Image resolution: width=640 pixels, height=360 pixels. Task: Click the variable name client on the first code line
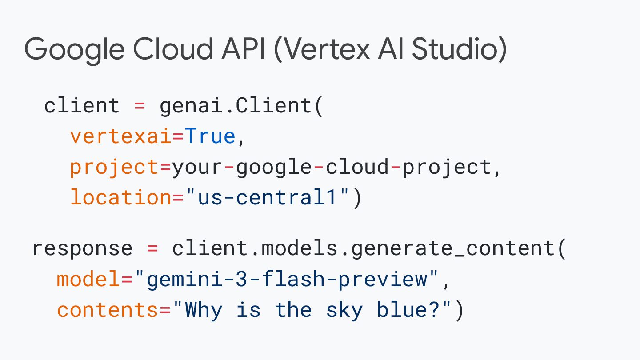82,106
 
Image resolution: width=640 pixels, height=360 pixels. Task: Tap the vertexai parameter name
120,136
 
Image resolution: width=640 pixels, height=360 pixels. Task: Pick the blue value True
210,136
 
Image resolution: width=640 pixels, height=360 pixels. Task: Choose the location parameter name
120,197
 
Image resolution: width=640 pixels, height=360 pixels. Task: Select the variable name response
82,248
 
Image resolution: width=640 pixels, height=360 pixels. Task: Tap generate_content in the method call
454,248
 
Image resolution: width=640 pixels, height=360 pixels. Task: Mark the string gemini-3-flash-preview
287,279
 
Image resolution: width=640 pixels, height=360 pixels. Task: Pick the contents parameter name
108,310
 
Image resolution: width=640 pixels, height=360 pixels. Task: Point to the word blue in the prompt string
402,310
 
